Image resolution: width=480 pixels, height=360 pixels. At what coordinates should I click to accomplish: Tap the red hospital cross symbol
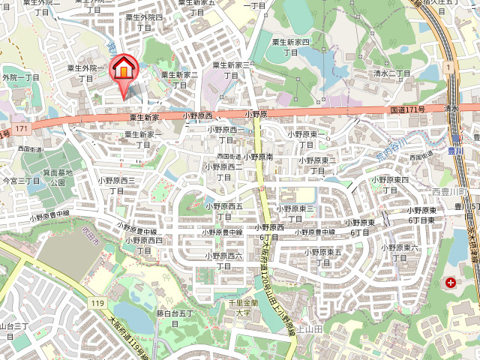point(450,283)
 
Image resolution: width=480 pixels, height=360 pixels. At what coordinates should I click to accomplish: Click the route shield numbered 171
point(21,129)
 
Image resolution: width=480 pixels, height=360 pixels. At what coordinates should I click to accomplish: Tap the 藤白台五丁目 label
point(174,318)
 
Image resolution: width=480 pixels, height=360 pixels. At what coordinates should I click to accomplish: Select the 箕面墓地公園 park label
point(58,177)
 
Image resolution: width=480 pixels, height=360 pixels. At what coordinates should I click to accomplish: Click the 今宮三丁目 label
point(20,181)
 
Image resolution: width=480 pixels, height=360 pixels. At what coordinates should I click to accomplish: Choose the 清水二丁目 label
point(393,74)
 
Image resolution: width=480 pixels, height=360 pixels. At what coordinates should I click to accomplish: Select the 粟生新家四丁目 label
point(289,48)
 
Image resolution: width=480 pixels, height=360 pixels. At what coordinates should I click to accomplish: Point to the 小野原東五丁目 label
point(322,257)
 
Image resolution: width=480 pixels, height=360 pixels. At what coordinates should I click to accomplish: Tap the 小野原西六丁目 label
point(270,232)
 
